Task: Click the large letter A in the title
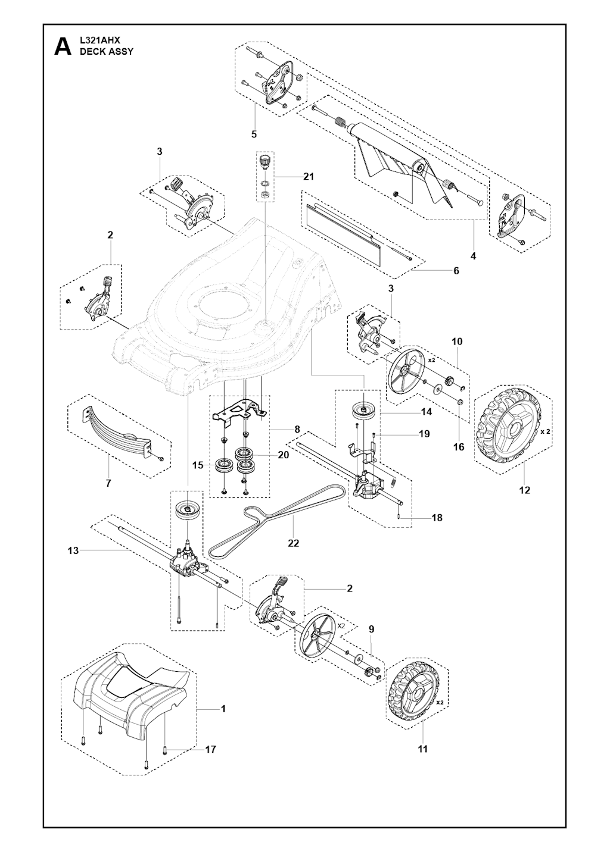tap(63, 47)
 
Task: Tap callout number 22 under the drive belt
tap(293, 543)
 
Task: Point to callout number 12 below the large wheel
tap(525, 490)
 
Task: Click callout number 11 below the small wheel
tap(422, 749)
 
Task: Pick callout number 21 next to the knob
tap(308, 177)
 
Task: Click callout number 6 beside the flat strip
tap(456, 271)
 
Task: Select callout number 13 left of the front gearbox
tap(73, 562)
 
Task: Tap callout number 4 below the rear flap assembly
tap(473, 256)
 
